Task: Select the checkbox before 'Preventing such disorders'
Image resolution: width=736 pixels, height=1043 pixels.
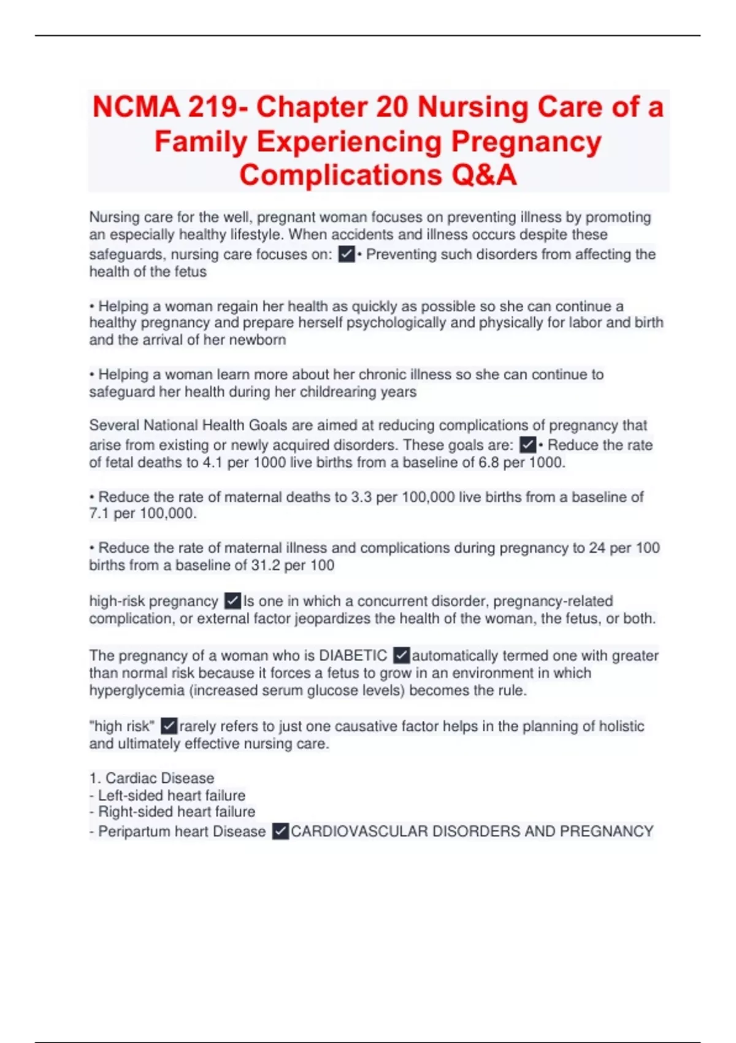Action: pos(347,254)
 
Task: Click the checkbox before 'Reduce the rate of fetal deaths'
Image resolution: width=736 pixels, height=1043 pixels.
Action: pos(527,445)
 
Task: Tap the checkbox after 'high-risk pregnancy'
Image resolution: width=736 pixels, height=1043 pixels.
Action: pos(232,601)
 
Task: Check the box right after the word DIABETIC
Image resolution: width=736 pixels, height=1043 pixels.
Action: pos(401,655)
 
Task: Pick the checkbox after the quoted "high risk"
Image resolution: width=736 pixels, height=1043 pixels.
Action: pos(169,726)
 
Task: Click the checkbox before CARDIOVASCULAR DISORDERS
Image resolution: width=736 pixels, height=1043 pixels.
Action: pos(280,831)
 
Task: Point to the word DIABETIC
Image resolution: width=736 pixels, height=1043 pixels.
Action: pos(353,656)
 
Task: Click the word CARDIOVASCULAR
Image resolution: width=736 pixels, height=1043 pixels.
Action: pos(359,831)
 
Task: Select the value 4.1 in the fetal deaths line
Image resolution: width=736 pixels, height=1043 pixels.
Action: pos(213,463)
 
